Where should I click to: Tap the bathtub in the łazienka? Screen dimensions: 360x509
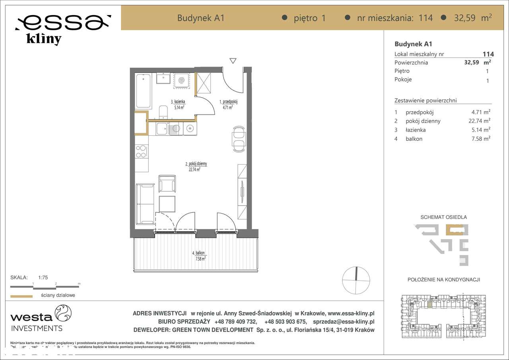(143, 91)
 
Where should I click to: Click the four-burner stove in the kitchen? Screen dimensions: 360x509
(141, 152)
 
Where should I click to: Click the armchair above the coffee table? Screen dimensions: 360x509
(167, 183)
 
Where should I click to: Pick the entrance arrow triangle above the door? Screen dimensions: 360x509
(233, 61)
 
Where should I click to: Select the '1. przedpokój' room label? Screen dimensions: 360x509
(228, 102)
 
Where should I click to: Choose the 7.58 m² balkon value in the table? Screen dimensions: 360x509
(478, 138)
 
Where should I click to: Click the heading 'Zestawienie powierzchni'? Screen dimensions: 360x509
(425, 100)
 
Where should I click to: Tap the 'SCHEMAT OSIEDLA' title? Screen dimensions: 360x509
(443, 217)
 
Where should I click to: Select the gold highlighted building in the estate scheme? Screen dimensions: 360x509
(455, 230)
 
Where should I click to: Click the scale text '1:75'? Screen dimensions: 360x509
(43, 278)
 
